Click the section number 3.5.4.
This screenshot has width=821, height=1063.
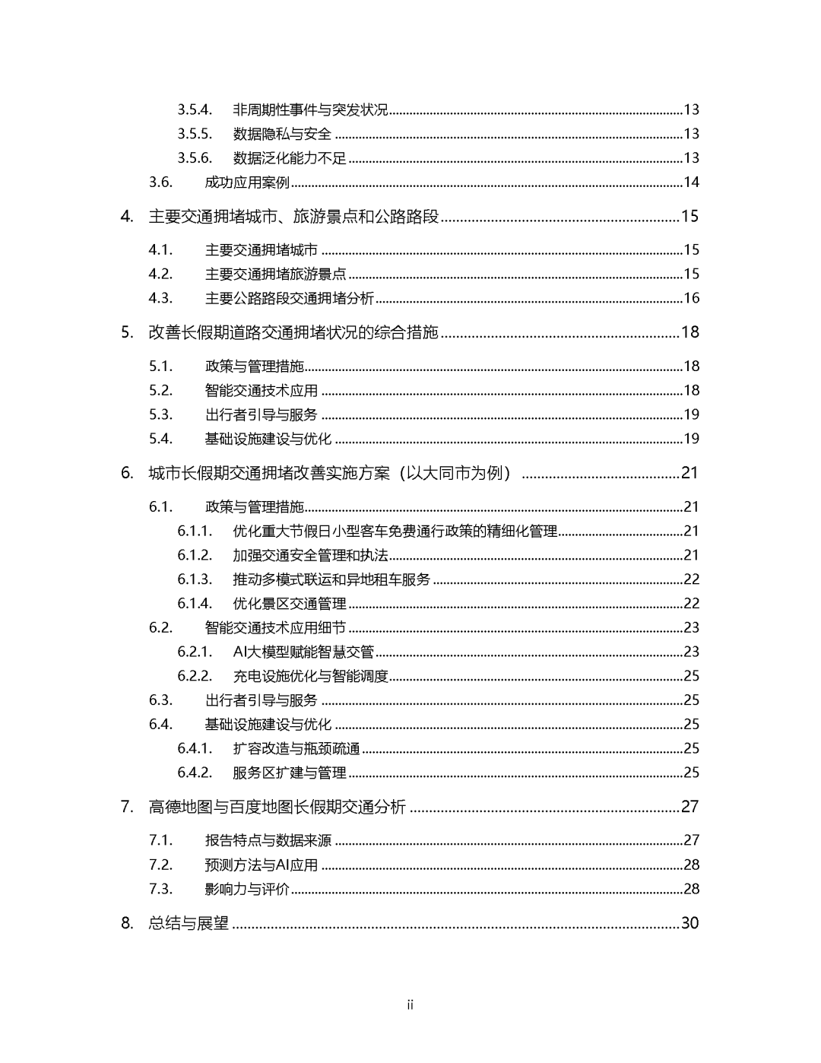coord(195,109)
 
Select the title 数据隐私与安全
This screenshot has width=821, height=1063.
coord(282,134)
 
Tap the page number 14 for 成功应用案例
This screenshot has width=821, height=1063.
coord(691,182)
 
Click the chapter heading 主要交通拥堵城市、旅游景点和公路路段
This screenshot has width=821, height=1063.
coord(293,217)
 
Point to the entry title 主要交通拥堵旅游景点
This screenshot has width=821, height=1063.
coord(275,274)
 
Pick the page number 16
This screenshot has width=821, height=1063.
coord(691,298)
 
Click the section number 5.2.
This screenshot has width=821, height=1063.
coord(161,390)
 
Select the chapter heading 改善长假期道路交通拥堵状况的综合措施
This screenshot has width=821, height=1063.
coord(293,332)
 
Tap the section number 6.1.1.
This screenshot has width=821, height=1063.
coord(195,531)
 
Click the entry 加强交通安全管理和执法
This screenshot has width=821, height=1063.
coord(310,555)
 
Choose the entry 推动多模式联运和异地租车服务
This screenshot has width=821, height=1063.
coord(331,579)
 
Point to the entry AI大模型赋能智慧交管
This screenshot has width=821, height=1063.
coord(303,652)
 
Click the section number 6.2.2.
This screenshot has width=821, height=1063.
coord(195,676)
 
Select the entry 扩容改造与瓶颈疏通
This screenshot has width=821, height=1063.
coord(296,748)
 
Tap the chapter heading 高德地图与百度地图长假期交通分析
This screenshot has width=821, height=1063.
coord(277,807)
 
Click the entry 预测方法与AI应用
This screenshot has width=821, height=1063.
coord(262,865)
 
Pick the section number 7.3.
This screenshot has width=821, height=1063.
coord(161,889)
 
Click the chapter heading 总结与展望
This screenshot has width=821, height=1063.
coord(189,923)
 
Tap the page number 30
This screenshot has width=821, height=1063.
coord(689,923)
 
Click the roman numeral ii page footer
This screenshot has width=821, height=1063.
coord(410,1005)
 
